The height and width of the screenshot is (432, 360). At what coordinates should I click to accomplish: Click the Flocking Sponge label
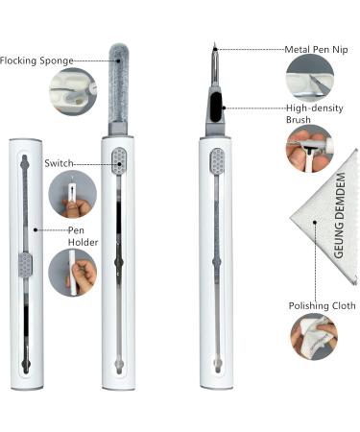click(36, 60)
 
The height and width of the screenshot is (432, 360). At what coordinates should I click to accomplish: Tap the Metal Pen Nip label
click(316, 50)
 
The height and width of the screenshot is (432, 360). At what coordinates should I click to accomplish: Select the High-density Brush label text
click(314, 113)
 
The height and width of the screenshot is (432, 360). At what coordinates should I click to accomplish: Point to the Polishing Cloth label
click(322, 306)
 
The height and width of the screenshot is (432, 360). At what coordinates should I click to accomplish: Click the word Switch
click(59, 163)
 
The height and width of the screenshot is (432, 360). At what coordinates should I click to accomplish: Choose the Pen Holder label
click(83, 236)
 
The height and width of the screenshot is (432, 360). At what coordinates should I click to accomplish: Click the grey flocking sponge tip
click(119, 83)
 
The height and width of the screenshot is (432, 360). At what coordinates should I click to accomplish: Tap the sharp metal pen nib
click(215, 64)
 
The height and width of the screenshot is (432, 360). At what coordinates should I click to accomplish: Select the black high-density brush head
click(216, 107)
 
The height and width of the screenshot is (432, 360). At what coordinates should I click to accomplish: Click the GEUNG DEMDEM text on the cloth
click(339, 215)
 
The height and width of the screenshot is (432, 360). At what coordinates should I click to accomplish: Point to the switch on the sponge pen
click(119, 161)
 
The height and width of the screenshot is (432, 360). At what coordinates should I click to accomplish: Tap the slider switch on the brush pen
click(217, 161)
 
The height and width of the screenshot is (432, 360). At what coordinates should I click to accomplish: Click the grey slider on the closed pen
click(26, 265)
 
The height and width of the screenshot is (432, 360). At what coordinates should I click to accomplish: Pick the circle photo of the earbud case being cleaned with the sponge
click(73, 91)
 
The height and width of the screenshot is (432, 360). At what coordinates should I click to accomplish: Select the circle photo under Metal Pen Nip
click(310, 78)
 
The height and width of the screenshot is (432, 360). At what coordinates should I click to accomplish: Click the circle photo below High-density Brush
click(309, 149)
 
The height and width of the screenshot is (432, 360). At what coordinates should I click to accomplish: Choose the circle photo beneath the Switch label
click(72, 195)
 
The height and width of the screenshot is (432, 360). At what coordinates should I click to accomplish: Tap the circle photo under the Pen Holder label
click(72, 273)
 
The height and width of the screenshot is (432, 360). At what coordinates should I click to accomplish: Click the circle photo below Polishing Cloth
click(314, 336)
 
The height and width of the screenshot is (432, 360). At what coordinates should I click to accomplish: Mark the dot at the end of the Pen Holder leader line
click(36, 229)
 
